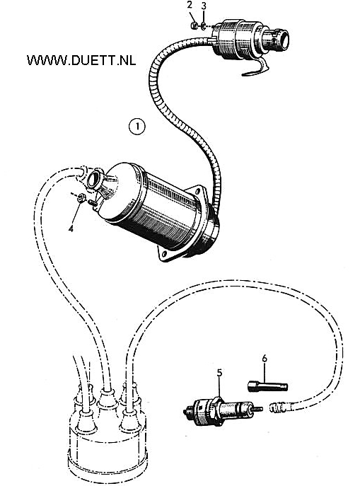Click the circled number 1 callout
(137, 127)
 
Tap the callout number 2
(190, 5)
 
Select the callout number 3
(203, 6)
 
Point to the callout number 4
(71, 228)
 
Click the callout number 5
(219, 373)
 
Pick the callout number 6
(265, 358)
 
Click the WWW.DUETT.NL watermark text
(81, 60)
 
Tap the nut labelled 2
(194, 25)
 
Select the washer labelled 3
(203, 25)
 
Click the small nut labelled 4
(80, 197)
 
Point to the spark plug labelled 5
(223, 410)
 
